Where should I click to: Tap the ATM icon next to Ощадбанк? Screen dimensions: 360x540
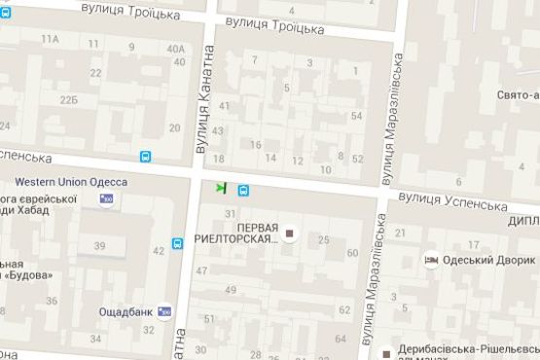coord(164,311)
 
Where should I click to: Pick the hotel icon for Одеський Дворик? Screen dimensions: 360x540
coord(432,260)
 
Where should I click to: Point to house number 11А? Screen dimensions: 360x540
coord(51,39)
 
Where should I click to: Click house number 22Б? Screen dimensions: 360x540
coord(68,99)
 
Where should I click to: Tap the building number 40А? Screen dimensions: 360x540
coord(175,48)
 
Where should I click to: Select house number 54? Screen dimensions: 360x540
coord(357,117)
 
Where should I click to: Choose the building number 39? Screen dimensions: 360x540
coord(99,245)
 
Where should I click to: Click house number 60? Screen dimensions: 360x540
coord(352,253)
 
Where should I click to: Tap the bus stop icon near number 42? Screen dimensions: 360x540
coord(178,243)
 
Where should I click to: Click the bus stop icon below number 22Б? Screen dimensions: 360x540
coord(145,156)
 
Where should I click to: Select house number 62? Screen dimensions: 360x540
coord(344,309)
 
